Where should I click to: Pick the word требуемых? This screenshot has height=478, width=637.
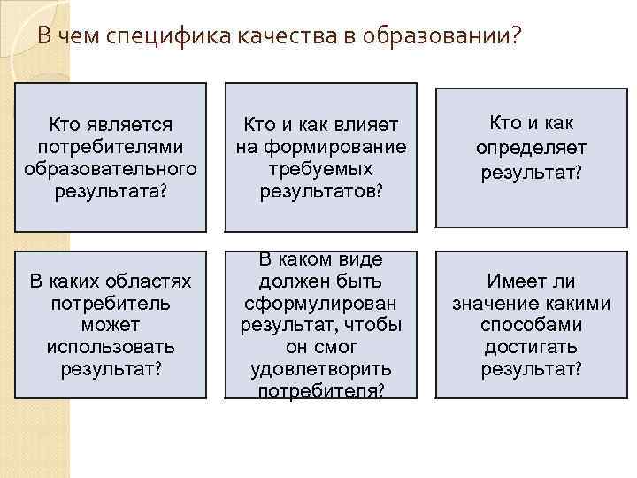click(320, 167)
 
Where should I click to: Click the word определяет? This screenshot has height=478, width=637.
click(532, 147)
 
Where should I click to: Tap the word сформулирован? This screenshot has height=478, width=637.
click(320, 303)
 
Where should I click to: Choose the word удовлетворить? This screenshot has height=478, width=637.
click(320, 366)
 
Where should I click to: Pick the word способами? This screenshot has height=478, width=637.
click(532, 324)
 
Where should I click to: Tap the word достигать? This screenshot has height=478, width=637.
click(532, 345)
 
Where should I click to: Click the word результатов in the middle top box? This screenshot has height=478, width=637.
click(320, 189)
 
